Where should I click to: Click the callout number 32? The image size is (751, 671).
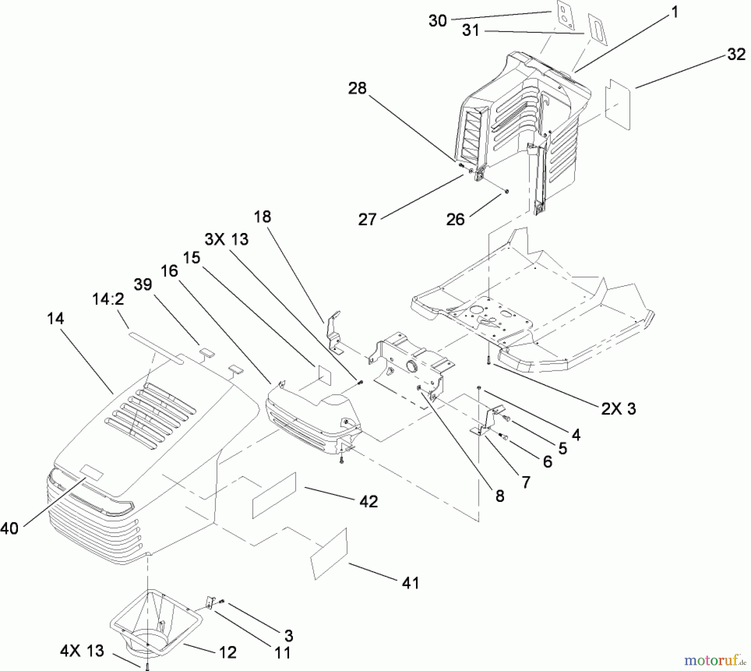click(736, 54)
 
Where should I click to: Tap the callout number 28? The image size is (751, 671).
click(357, 88)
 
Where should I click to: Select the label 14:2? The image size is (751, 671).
click(108, 299)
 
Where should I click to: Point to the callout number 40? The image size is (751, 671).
click(9, 529)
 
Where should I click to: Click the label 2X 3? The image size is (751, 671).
click(619, 408)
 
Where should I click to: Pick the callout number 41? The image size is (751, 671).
click(410, 582)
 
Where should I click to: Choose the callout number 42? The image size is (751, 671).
click(368, 501)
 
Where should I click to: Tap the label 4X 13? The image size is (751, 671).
click(82, 651)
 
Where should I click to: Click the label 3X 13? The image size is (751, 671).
click(227, 239)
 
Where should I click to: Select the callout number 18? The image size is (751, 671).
click(262, 217)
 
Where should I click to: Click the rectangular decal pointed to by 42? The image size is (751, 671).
click(274, 496)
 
